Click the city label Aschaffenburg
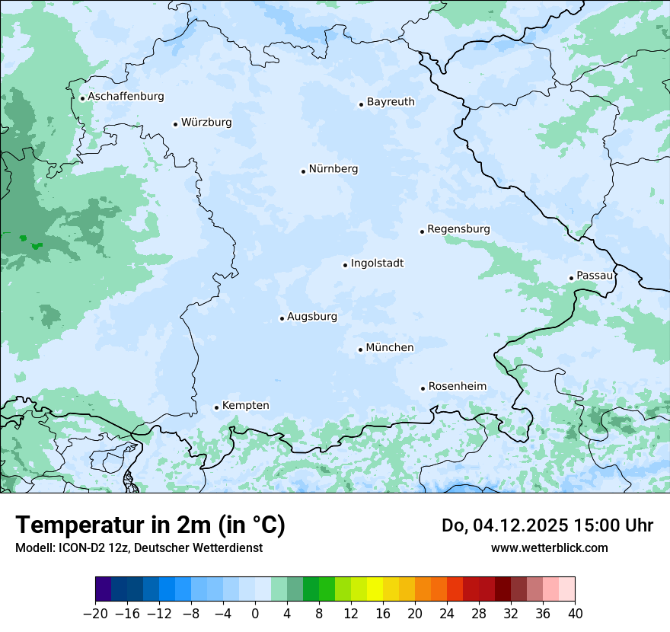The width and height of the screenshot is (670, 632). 126,97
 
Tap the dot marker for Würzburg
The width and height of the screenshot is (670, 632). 175,124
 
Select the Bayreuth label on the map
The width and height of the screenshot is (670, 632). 391,102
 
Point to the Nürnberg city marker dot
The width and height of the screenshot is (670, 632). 303,171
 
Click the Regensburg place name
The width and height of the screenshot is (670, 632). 458,229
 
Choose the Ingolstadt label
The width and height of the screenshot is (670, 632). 377,263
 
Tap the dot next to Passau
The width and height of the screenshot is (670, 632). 571,278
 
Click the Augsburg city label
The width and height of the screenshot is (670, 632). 311,317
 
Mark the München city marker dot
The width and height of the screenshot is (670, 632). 360,350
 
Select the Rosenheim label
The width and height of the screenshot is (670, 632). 457,387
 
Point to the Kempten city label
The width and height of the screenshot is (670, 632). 245,406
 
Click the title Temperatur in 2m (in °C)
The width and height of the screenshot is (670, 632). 150,525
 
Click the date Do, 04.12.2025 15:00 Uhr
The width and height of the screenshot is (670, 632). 547,525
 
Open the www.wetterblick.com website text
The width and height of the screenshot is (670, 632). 549,548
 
